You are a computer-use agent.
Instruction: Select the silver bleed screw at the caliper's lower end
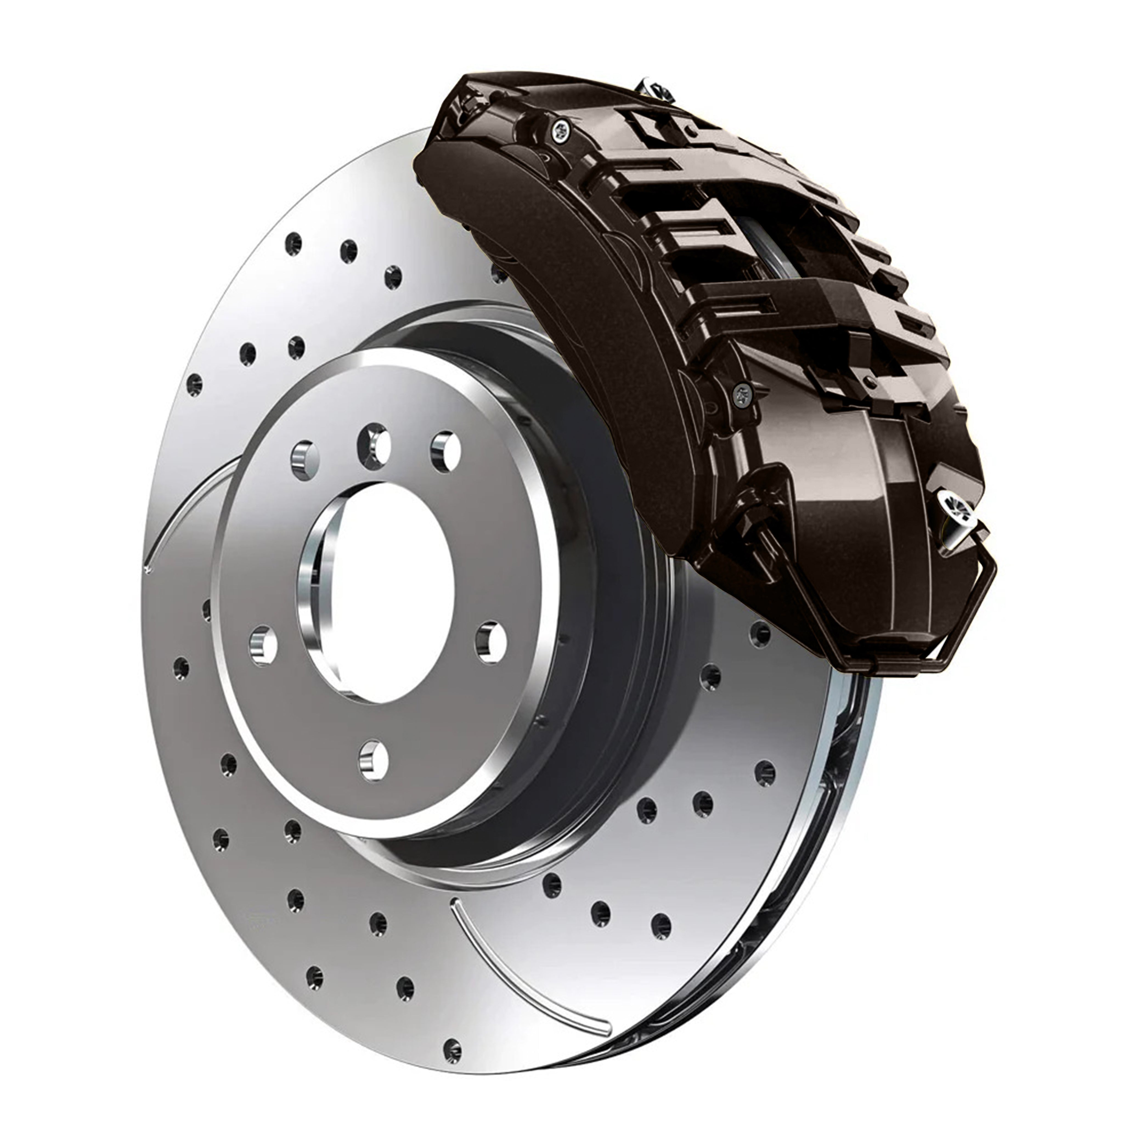(x=954, y=502)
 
